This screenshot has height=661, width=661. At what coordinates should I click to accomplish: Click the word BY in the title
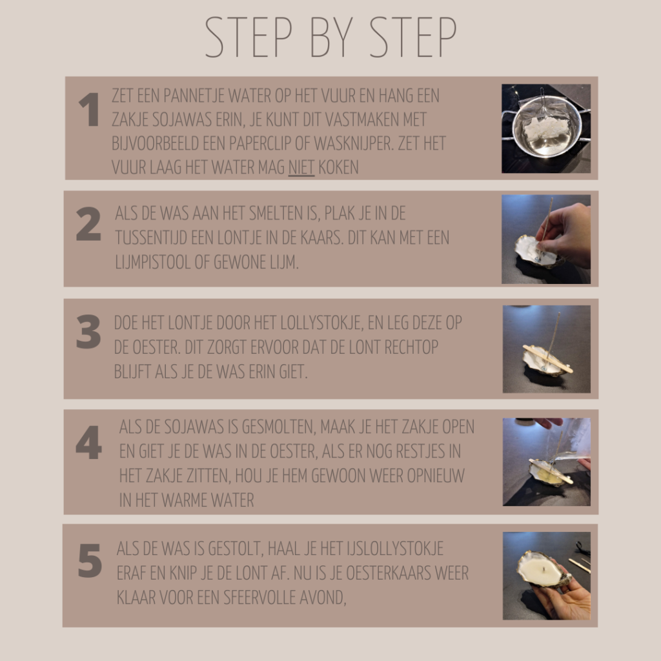pos(331,37)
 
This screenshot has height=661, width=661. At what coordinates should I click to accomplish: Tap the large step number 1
pos(89,110)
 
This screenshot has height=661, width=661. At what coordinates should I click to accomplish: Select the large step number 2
pos(88,224)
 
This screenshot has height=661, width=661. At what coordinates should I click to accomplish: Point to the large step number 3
pos(88,332)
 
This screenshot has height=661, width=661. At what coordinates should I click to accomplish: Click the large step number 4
pos(89,442)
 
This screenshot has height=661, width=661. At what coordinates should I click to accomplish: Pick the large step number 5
pos(90,561)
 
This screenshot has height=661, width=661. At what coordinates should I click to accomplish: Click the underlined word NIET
pos(301,167)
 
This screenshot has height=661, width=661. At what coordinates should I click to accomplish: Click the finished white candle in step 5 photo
pos(540,569)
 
